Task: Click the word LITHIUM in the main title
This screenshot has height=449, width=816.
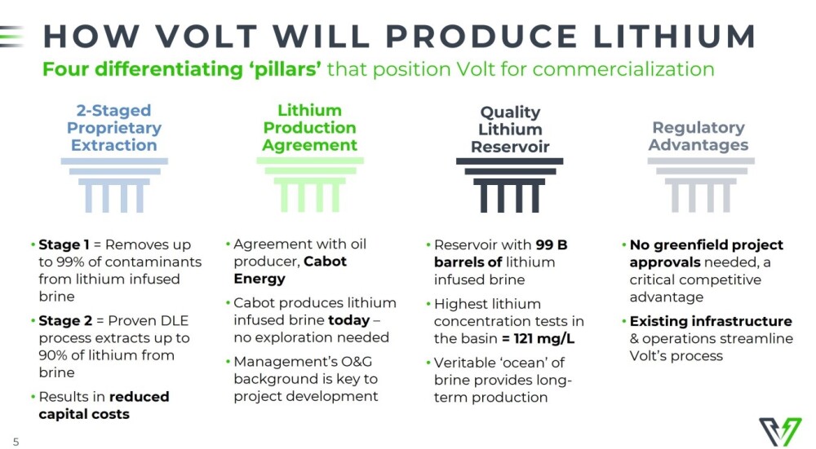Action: click(675, 37)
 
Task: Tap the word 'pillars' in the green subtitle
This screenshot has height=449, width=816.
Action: click(286, 69)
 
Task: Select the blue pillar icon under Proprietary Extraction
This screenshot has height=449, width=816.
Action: click(114, 185)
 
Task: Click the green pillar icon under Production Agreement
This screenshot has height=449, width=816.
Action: click(310, 184)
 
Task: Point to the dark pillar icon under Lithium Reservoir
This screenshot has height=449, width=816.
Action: click(509, 185)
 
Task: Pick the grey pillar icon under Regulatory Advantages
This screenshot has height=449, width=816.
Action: click(701, 185)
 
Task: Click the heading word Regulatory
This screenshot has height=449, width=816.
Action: click(698, 128)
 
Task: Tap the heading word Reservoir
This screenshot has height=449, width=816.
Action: click(510, 147)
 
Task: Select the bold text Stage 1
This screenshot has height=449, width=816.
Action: click(64, 244)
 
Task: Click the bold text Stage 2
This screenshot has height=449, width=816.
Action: click(65, 320)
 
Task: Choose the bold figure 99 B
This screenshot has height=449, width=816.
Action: click(551, 244)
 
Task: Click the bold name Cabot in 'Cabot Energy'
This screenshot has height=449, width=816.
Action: click(325, 262)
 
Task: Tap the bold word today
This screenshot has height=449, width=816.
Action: click(348, 320)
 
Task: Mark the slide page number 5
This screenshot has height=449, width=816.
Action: click(16, 442)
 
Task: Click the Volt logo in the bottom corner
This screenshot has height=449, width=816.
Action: click(779, 431)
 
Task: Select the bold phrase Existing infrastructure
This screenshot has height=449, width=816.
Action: click(711, 321)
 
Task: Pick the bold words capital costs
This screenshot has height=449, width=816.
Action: click(84, 414)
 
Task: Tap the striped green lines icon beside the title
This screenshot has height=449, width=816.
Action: click(11, 37)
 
